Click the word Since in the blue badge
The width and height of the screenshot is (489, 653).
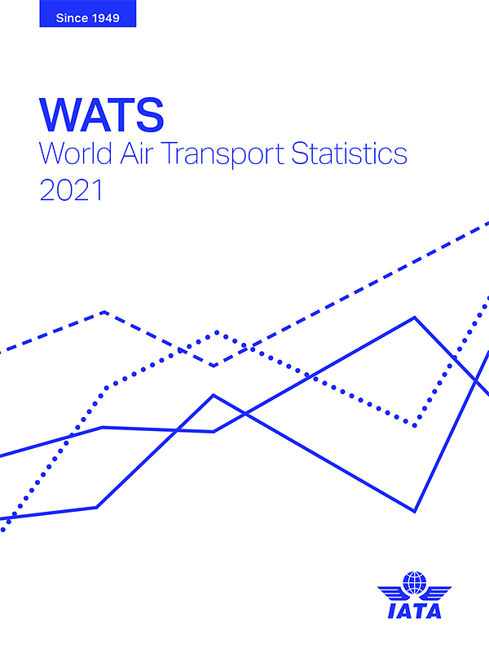click(72, 18)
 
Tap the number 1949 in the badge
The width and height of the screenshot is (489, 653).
click(105, 18)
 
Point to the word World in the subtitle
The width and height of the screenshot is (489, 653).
click(76, 153)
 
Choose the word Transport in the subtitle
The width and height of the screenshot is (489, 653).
click(222, 154)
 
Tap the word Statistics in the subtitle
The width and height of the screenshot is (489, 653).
click(349, 153)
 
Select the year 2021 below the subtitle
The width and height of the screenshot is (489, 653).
click(71, 190)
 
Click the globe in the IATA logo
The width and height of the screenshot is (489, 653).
click(415, 583)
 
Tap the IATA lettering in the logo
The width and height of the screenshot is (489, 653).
click(415, 611)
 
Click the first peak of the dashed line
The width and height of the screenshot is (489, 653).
click(104, 312)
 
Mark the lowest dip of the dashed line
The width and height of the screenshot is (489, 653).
click(214, 366)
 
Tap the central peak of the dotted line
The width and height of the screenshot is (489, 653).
click(217, 332)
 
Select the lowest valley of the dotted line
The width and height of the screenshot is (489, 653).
click(415, 425)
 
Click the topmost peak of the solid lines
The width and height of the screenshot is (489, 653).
click(415, 318)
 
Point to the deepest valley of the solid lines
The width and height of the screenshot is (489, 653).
click(415, 511)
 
